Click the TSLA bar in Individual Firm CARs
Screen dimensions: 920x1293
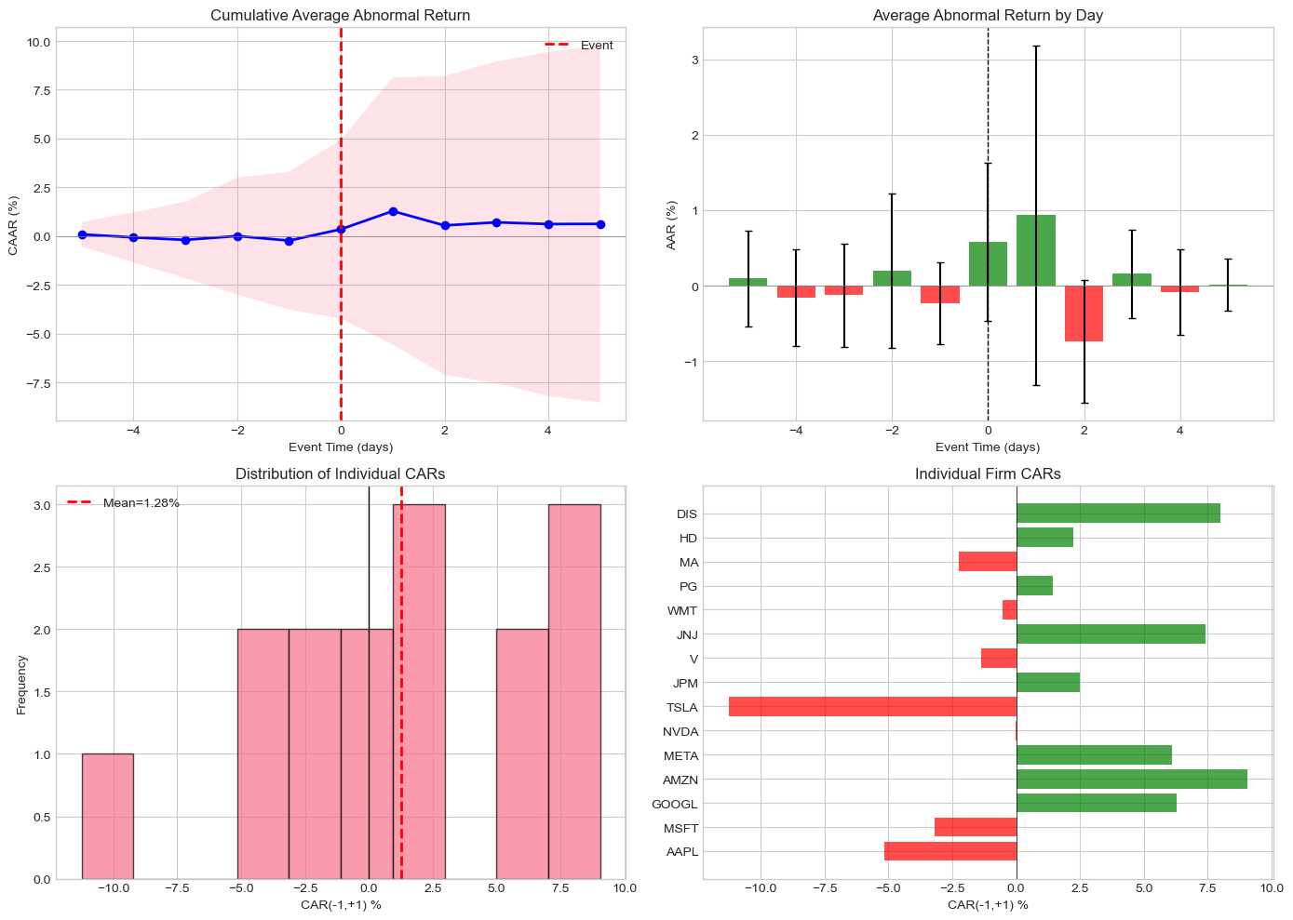point(872,707)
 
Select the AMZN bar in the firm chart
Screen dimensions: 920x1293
point(1131,780)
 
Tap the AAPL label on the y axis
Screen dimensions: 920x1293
point(681,852)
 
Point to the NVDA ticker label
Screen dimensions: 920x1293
point(680,731)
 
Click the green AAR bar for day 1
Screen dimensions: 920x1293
point(1035,250)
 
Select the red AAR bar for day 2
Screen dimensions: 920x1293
point(1084,313)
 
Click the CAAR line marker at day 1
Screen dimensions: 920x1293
point(393,211)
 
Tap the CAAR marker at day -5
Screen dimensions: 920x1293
point(82,234)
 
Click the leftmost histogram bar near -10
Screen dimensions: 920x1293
point(107,816)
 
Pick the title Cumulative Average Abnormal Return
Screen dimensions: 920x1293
point(340,15)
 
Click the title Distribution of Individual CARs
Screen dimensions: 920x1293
point(340,473)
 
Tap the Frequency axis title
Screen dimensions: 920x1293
point(21,685)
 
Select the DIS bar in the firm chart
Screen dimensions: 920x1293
point(1118,513)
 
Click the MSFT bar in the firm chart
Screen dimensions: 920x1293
point(975,828)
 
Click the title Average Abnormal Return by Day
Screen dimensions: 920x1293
point(988,15)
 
